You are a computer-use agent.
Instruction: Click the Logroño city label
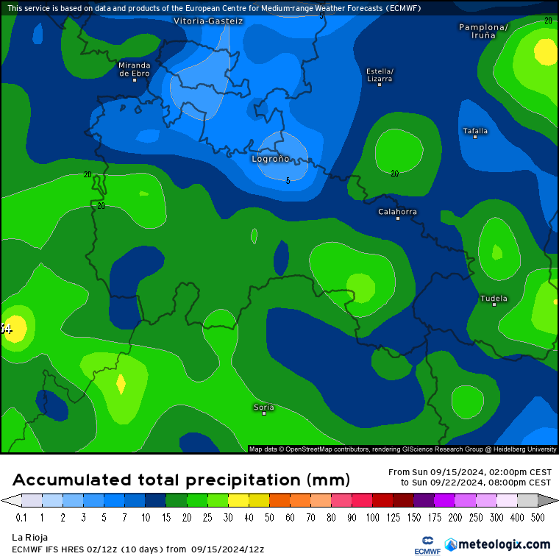click(271, 159)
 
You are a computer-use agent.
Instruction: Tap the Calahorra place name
click(397, 212)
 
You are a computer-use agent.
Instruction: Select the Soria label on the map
click(263, 407)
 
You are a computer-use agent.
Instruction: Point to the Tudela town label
click(494, 299)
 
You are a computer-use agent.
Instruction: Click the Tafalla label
click(475, 131)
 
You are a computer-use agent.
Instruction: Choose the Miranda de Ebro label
click(135, 69)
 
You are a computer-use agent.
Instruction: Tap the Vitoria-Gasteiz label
click(208, 21)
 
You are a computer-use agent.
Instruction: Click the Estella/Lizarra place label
click(380, 74)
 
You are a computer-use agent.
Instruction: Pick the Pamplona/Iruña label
click(483, 31)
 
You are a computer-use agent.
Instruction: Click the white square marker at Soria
click(264, 413)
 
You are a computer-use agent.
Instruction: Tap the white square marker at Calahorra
click(398, 218)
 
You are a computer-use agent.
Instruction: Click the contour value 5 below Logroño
click(288, 180)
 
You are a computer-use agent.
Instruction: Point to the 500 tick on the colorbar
click(538, 518)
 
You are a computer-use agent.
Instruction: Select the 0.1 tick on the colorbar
click(21, 518)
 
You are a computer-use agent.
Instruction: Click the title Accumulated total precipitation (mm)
click(181, 480)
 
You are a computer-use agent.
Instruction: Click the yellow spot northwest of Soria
click(121, 384)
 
